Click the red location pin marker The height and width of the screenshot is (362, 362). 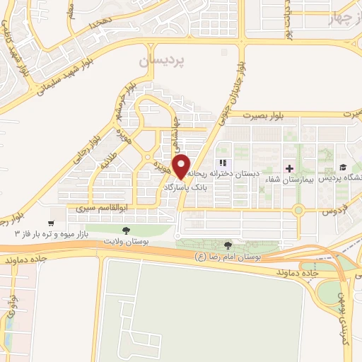(x=182, y=166)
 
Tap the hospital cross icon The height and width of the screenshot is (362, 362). (x=288, y=168)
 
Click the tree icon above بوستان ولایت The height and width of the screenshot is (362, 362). (x=126, y=230)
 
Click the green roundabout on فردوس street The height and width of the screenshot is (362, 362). (x=299, y=209)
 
